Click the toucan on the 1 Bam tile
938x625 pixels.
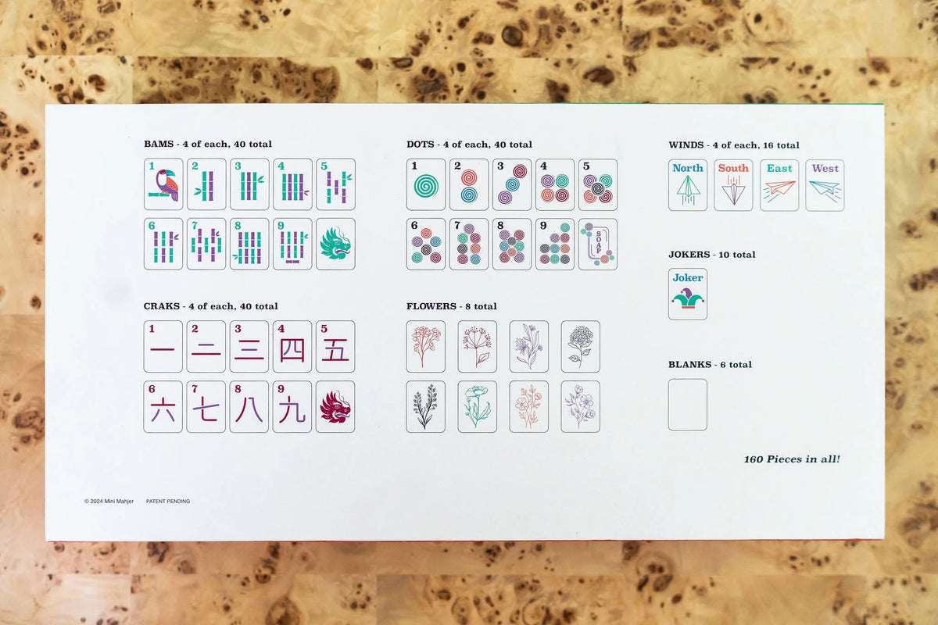coord(166,185)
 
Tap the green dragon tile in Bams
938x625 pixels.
coord(336,244)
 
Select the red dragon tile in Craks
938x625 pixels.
coord(335,406)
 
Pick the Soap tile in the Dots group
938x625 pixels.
coord(598,244)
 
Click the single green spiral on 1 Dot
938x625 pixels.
coord(426,186)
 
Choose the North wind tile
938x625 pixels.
coord(688,185)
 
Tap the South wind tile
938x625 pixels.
coord(733,185)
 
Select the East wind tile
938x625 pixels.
coord(779,185)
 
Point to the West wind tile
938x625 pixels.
coord(825,185)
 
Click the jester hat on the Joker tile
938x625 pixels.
coord(688,298)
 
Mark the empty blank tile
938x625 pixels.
coord(688,405)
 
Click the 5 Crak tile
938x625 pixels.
coord(335,347)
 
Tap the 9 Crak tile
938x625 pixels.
coord(292,406)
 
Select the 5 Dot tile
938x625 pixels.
coord(598,184)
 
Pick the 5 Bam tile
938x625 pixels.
coord(336,184)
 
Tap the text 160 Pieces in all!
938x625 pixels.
coord(792,459)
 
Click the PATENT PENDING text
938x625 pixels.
coord(168,501)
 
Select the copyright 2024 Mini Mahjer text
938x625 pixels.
coord(109,501)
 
